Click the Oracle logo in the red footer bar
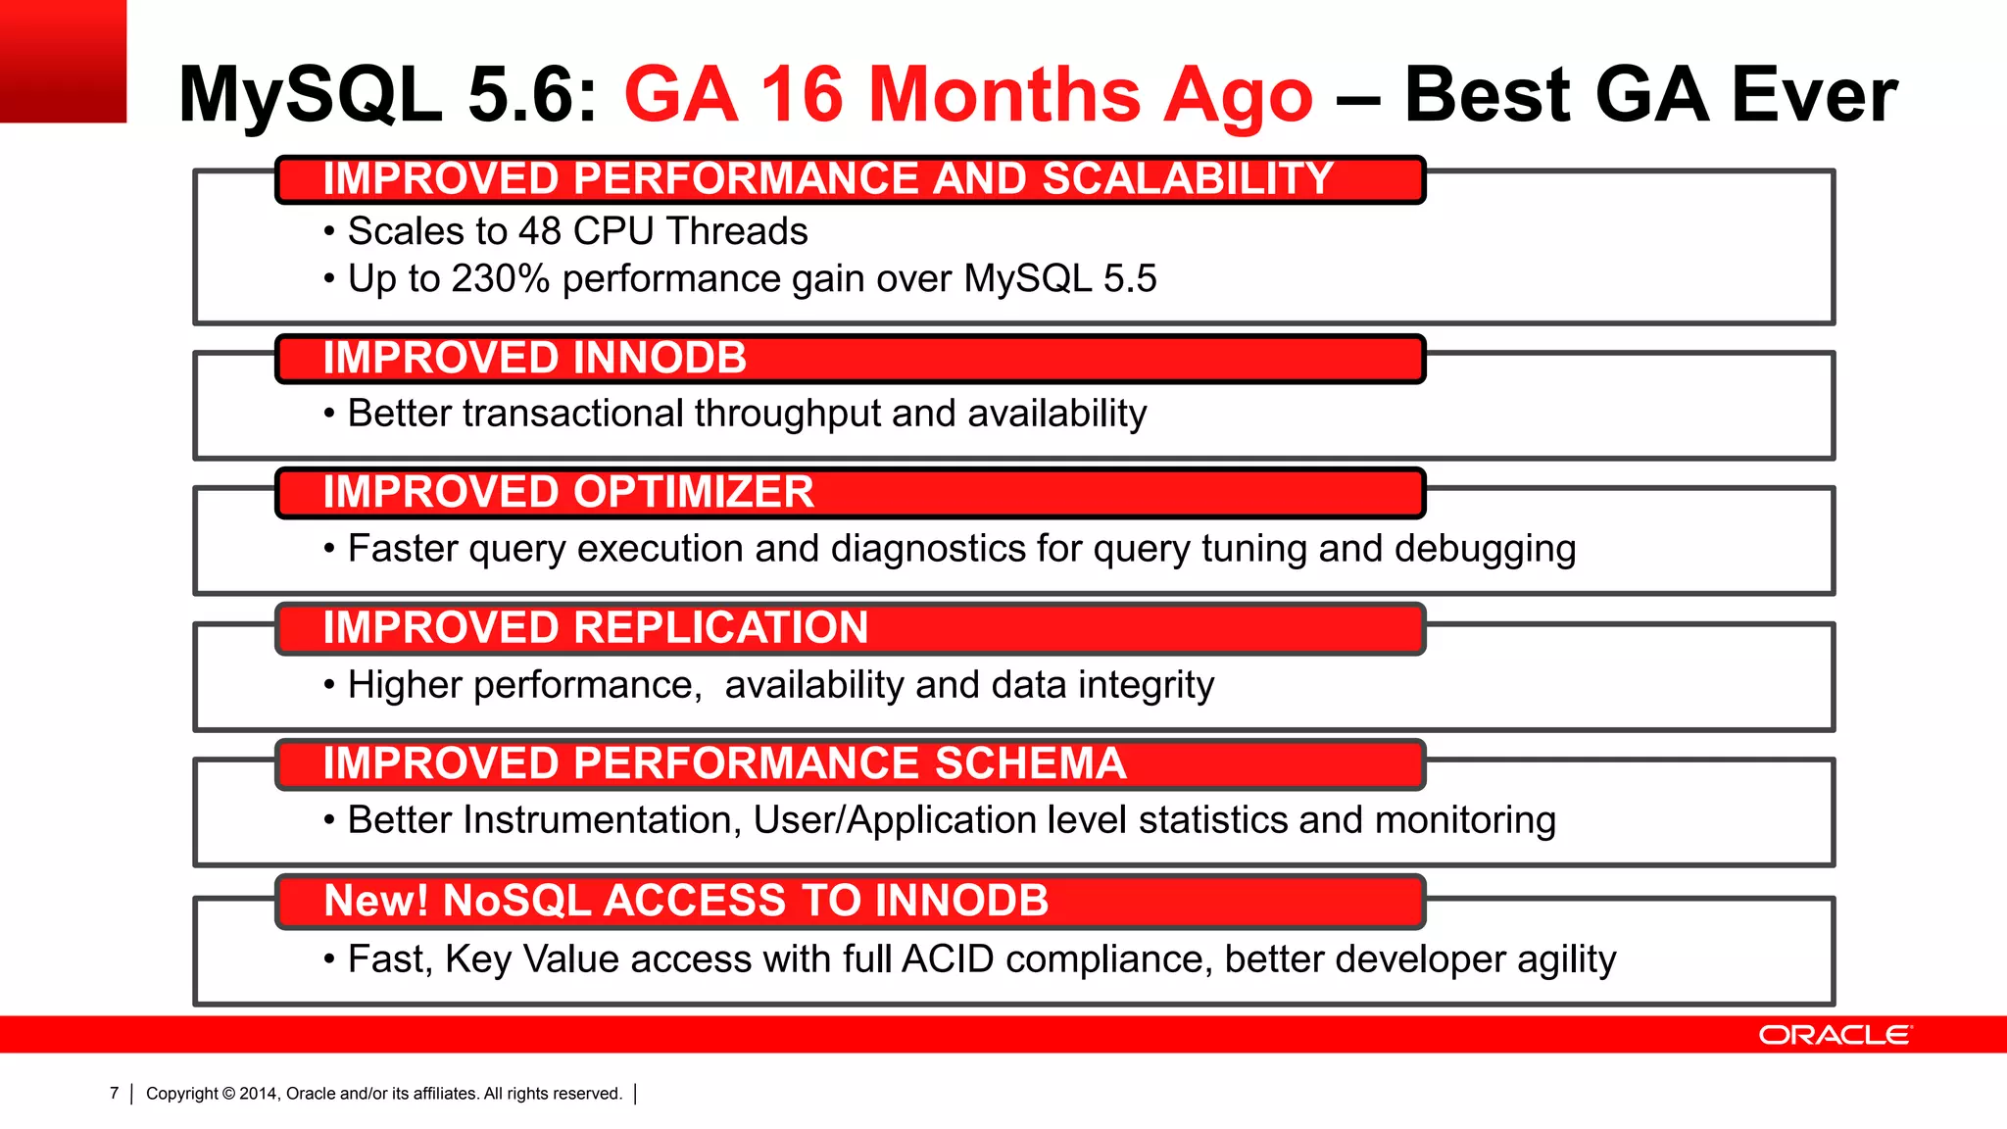[1835, 1035]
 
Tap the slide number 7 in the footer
[115, 1094]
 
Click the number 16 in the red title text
[801, 95]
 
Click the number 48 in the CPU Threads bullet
[539, 231]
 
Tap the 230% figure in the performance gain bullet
[501, 279]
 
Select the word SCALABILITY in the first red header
[1187, 178]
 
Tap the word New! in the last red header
[376, 901]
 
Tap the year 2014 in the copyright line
[259, 1094]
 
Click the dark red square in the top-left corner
[63, 61]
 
